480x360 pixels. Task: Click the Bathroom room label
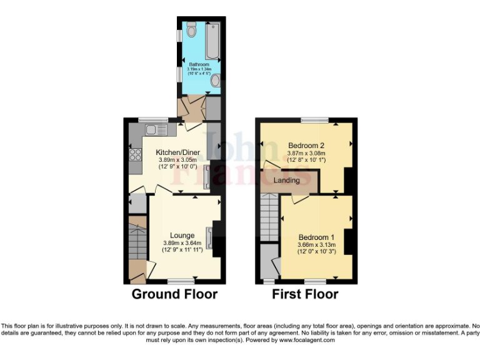(199, 64)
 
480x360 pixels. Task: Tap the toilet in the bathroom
(191, 29)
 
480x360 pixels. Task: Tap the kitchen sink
(152, 130)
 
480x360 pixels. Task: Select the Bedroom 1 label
(316, 237)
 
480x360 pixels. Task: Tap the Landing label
(287, 180)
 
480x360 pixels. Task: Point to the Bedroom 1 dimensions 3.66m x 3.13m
(316, 246)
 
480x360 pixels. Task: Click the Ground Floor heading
(174, 294)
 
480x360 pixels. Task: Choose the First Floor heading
(305, 294)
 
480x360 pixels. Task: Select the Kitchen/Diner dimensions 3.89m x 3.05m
(177, 161)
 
